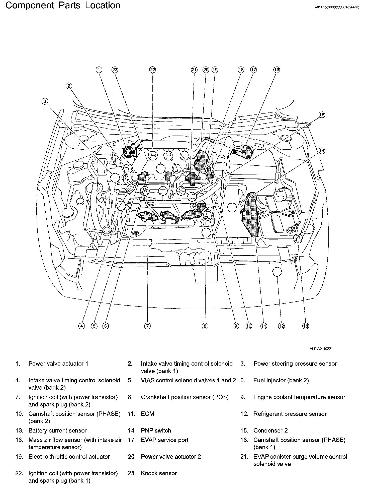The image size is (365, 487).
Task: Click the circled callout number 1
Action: coord(99,70)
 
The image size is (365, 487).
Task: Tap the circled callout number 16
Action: coord(276,70)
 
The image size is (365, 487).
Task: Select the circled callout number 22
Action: coord(152,70)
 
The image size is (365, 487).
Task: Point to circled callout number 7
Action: coord(147,326)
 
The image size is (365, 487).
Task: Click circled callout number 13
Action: coord(305,326)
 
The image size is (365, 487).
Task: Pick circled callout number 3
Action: coord(45,101)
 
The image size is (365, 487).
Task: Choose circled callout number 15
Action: coord(322,115)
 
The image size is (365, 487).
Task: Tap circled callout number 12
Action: coord(281,326)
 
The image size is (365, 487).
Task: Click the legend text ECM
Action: coord(147,414)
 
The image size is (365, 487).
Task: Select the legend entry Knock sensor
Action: coord(159,473)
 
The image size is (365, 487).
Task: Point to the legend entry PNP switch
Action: coord(156,431)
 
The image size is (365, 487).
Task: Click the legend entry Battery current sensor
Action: coord(57,431)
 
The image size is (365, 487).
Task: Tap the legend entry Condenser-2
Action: coord(270,431)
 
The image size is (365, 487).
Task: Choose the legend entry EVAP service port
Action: coord(164,440)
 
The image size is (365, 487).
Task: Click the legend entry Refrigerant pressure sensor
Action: coord(290,414)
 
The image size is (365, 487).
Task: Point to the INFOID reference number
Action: coord(337,8)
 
